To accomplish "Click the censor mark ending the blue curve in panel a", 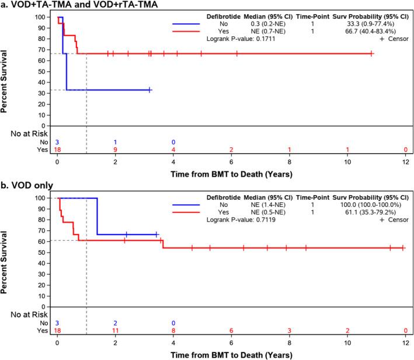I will click(150, 90).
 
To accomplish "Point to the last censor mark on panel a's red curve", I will click(372, 54).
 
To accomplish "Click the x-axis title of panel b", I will click(231, 354).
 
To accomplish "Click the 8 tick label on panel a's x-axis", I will click(290, 162).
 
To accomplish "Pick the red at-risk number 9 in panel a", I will click(115, 150).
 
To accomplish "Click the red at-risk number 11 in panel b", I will click(115, 331).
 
